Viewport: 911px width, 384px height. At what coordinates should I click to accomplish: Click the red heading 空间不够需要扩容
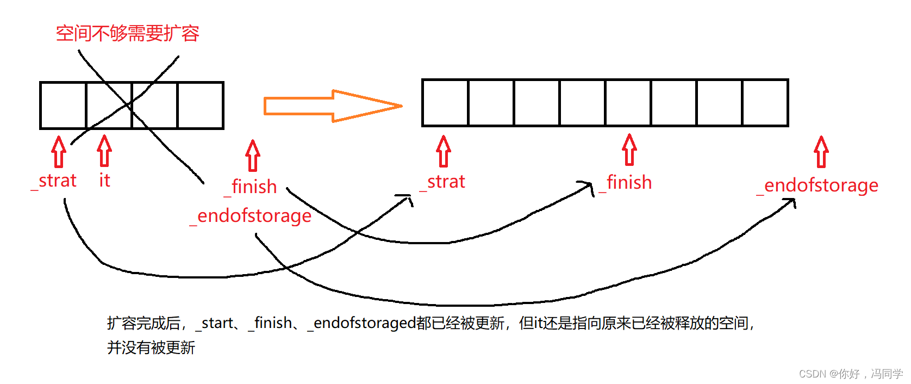[x=127, y=34]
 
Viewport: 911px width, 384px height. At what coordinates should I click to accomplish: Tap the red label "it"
[x=104, y=181]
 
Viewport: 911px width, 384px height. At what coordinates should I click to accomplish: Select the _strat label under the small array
[x=54, y=181]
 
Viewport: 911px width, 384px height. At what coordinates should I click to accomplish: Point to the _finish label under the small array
[x=251, y=187]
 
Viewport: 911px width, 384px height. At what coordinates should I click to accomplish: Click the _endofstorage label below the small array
[x=251, y=216]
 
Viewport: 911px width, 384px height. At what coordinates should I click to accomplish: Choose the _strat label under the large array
[x=443, y=182]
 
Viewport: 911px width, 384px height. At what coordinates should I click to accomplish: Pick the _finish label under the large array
[x=626, y=183]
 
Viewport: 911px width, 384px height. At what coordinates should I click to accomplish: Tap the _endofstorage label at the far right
[x=818, y=185]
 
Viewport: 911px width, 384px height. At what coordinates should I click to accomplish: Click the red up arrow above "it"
[x=104, y=151]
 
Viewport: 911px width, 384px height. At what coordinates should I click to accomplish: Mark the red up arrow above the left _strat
[x=59, y=152]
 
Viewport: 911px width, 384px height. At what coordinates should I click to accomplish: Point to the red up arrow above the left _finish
[x=253, y=156]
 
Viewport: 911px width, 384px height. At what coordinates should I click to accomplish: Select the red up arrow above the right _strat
[x=444, y=151]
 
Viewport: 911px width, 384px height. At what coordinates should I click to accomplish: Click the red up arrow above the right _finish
[x=629, y=150]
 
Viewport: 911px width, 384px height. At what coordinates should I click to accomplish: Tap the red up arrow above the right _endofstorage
[x=821, y=152]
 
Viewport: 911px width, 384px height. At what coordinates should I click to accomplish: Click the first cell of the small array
[x=63, y=106]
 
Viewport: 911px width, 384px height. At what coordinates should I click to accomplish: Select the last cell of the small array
[x=201, y=106]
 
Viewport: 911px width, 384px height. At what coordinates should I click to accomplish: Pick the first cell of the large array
[x=445, y=103]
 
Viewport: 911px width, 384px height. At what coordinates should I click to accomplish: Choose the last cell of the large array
[x=765, y=103]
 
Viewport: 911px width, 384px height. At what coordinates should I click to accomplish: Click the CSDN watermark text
[x=850, y=374]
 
